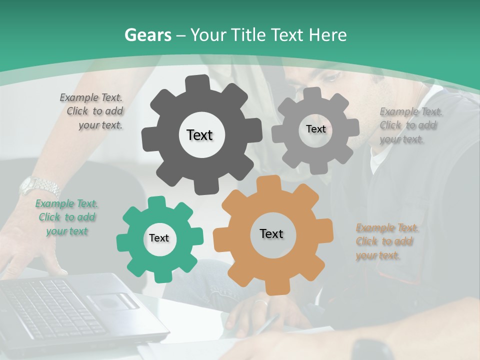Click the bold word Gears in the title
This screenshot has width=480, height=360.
pyautogui.click(x=147, y=35)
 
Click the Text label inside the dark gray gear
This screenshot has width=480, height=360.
pyautogui.click(x=199, y=135)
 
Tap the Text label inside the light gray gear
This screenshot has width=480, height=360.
pyautogui.click(x=315, y=129)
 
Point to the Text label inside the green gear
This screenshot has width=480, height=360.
pyautogui.click(x=159, y=238)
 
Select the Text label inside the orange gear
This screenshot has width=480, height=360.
pyautogui.click(x=271, y=233)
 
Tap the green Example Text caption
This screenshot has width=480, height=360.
pyautogui.click(x=67, y=217)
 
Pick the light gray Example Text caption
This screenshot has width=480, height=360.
pyautogui.click(x=409, y=125)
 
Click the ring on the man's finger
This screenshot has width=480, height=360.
pyautogui.click(x=261, y=302)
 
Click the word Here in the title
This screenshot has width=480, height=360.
pyautogui.click(x=328, y=35)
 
